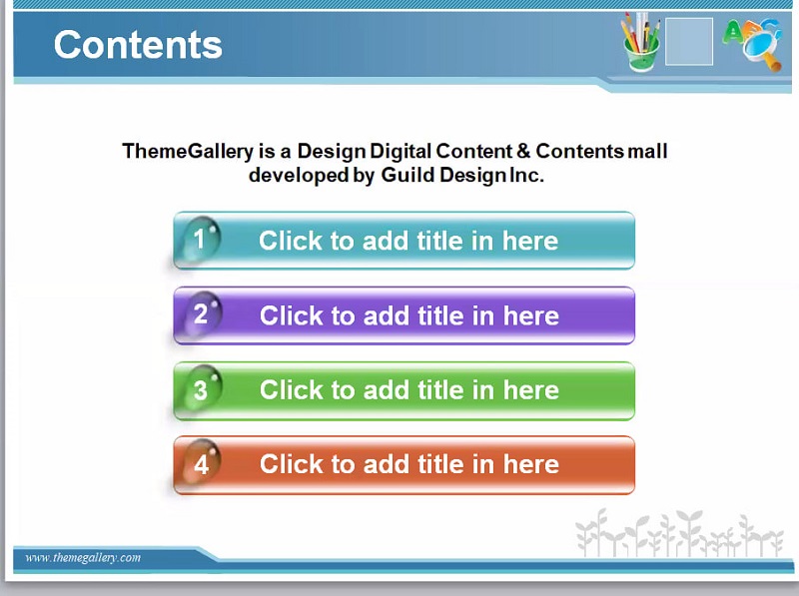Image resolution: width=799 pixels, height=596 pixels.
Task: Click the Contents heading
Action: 138,44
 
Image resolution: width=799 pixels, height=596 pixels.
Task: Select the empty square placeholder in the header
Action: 689,41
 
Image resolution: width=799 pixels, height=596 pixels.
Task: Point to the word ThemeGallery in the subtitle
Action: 188,152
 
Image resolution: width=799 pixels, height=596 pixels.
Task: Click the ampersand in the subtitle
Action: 523,151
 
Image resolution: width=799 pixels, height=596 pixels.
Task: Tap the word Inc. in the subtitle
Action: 527,175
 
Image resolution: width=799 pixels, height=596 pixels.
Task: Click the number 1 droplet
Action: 201,239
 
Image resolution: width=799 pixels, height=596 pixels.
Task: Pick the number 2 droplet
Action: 202,313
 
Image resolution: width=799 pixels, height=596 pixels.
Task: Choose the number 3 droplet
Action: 202,388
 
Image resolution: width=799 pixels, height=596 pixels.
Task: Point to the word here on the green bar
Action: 531,390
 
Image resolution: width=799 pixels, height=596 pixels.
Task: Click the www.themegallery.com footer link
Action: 83,557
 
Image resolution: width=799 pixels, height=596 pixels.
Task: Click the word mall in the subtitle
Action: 647,151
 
